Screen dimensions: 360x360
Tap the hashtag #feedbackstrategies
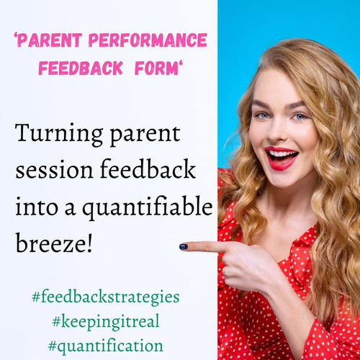(105, 296)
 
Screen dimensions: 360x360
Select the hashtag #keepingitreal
(105, 320)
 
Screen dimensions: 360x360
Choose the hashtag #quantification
(105, 345)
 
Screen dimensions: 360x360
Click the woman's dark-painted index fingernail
(184, 247)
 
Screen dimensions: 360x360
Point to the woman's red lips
(281, 158)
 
